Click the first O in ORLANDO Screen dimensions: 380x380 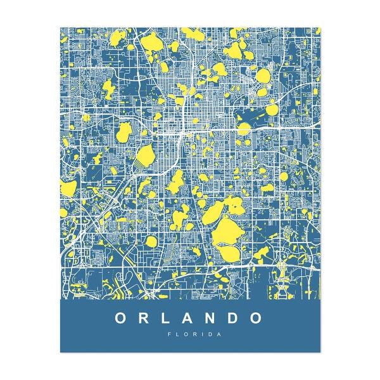pyautogui.click(x=120, y=317)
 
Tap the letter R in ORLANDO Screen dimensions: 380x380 pyautogui.click(x=142, y=317)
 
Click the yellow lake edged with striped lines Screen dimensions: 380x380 pyautogui.click(x=144, y=155)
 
